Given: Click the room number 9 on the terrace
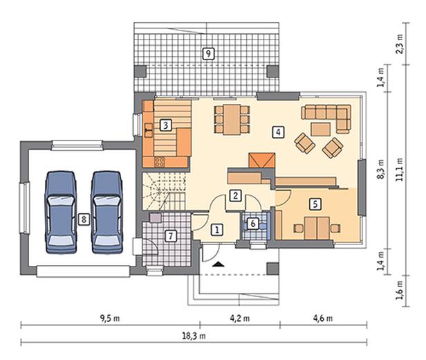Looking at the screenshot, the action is tap(208, 53).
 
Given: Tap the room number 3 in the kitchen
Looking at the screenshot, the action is tap(166, 125).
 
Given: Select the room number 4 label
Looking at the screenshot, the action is tap(278, 132).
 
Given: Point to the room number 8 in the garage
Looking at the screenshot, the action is tap(84, 219).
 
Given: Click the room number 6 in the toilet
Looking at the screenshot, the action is tap(253, 224).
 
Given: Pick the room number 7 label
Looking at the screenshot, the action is tap(171, 236).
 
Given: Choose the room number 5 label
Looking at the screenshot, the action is tap(315, 204).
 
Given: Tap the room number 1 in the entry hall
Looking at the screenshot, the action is tap(217, 230).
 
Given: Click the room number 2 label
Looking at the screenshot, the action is tap(235, 195).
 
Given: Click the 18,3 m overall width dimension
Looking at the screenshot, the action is tap(194, 336).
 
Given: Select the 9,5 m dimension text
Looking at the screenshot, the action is tap(110, 318).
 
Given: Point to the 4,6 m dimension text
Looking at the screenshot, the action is tap(323, 318).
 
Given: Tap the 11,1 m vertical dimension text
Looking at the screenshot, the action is tap(399, 170).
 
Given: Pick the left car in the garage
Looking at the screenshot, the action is tap(60, 213).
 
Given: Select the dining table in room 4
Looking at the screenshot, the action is tap(232, 119).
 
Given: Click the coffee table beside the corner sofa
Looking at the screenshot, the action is tap(321, 129).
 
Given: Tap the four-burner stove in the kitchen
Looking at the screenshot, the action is tap(160, 162).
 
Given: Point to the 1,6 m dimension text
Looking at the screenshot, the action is tap(399, 290).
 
